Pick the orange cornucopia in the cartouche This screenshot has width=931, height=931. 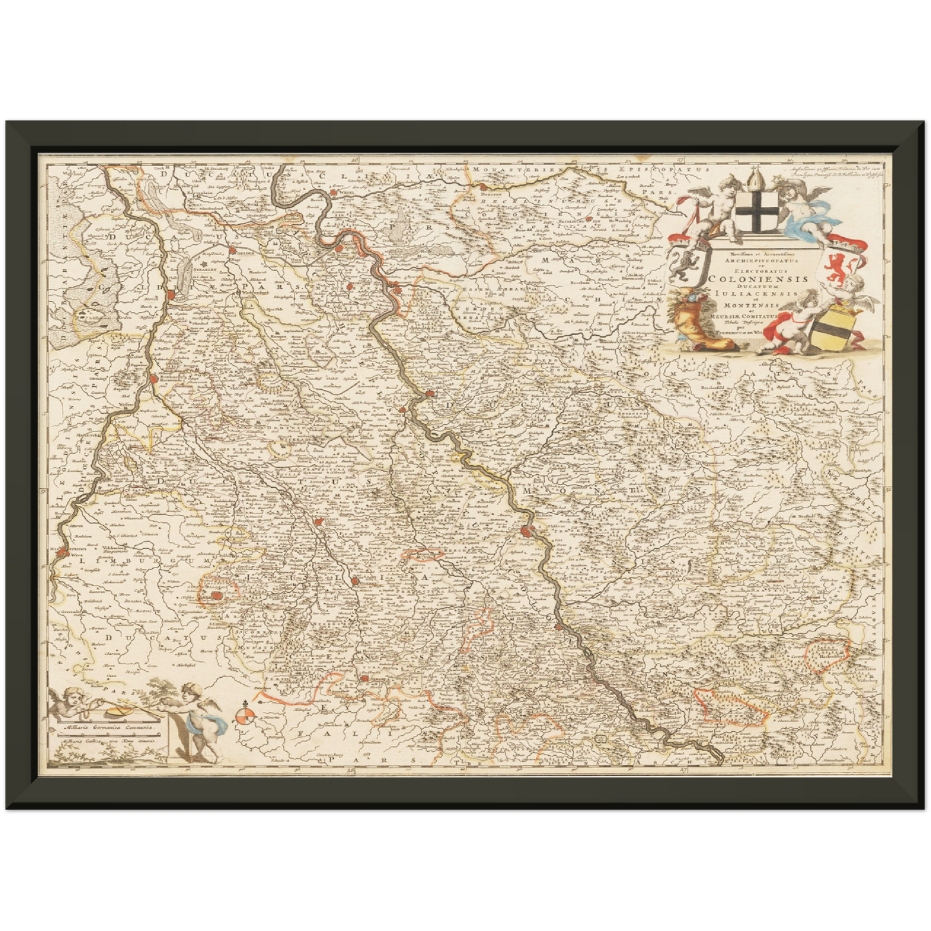tap(702, 325)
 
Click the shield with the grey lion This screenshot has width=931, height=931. tap(682, 264)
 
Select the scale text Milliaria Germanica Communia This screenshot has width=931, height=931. tap(106, 727)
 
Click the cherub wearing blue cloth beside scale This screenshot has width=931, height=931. tap(199, 718)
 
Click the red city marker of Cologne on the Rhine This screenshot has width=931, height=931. tap(527, 532)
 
